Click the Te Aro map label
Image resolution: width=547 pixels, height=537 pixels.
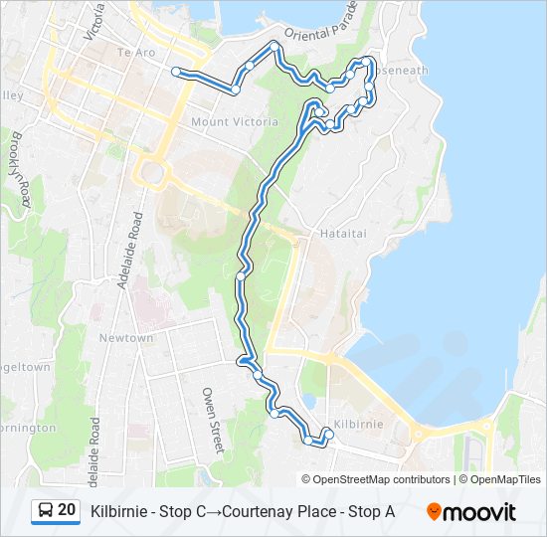pyautogui.click(x=137, y=51)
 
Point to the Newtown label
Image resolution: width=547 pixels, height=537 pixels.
pyautogui.click(x=126, y=338)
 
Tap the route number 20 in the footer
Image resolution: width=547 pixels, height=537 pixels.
pyautogui.click(x=67, y=510)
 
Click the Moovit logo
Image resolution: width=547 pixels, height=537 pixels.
pyautogui.click(x=471, y=512)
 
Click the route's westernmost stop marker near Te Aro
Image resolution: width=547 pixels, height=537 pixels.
pyautogui.click(x=177, y=72)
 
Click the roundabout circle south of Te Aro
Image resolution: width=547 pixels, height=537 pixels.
pyautogui.click(x=153, y=175)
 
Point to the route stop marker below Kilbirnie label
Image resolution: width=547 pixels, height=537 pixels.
pyautogui.click(x=329, y=435)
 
